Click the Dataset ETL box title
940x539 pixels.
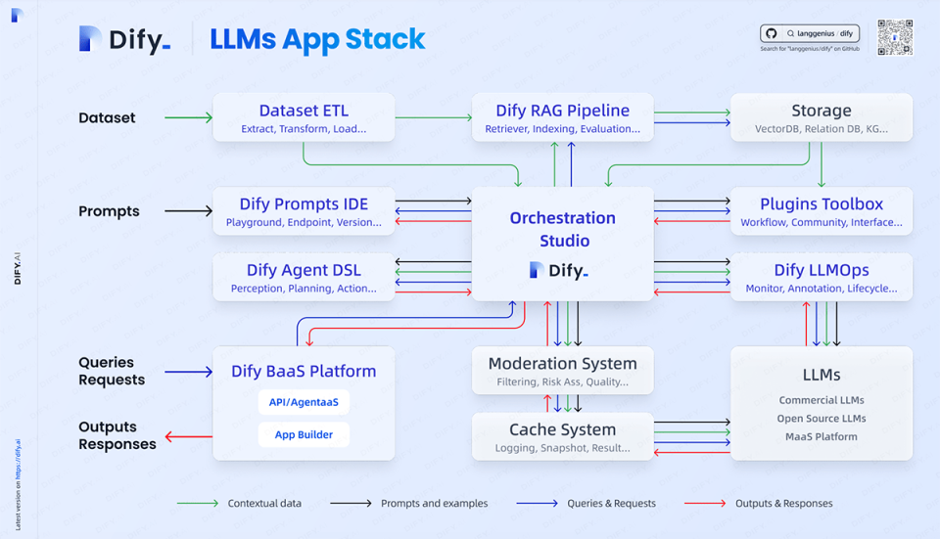(x=304, y=111)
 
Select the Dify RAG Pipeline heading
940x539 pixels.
(x=562, y=111)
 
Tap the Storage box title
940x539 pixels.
(x=821, y=111)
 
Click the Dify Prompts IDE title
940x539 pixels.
(x=304, y=204)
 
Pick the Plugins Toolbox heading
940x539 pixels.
(x=821, y=204)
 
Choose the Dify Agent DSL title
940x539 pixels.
(x=304, y=270)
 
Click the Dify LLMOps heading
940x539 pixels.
(x=821, y=270)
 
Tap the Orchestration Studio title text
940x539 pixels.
(x=562, y=229)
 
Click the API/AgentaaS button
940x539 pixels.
(x=304, y=402)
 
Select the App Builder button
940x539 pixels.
(x=304, y=434)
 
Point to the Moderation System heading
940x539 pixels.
(x=562, y=364)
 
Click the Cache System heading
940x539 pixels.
(x=562, y=429)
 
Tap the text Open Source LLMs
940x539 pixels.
(x=822, y=419)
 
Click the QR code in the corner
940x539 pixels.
(x=894, y=37)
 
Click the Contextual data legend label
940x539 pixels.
(x=264, y=504)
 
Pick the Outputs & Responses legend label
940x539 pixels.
(x=783, y=504)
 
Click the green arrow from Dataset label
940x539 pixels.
(x=188, y=118)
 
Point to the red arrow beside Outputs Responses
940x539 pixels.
(x=188, y=436)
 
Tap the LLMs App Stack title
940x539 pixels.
(x=317, y=39)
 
